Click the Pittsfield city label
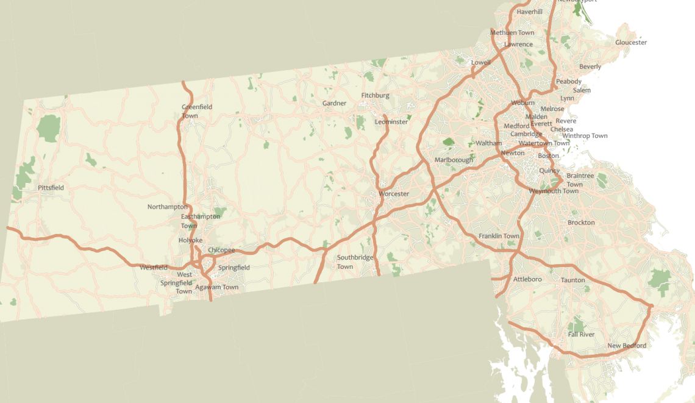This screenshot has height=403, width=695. click(51, 188)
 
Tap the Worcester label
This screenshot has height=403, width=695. click(394, 194)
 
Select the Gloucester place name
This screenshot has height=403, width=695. click(631, 43)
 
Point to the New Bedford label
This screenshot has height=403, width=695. click(627, 346)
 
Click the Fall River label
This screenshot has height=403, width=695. click(581, 335)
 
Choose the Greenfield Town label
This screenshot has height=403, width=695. click(197, 111)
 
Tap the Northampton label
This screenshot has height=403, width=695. click(168, 207)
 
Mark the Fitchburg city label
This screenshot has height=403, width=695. click(375, 95)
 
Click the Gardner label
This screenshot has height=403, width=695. click(334, 103)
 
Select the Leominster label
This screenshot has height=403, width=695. click(391, 122)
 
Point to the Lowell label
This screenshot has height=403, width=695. click(480, 62)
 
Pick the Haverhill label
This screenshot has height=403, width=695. click(529, 12)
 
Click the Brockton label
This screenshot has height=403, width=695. click(581, 223)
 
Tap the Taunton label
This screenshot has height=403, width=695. click(572, 280)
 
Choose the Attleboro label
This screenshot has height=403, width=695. click(527, 279)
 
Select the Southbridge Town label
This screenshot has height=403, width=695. click(355, 262)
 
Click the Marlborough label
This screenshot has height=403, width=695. click(453, 160)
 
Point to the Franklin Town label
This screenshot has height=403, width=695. click(499, 236)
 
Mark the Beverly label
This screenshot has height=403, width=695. click(590, 66)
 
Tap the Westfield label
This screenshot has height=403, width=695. click(153, 267)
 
